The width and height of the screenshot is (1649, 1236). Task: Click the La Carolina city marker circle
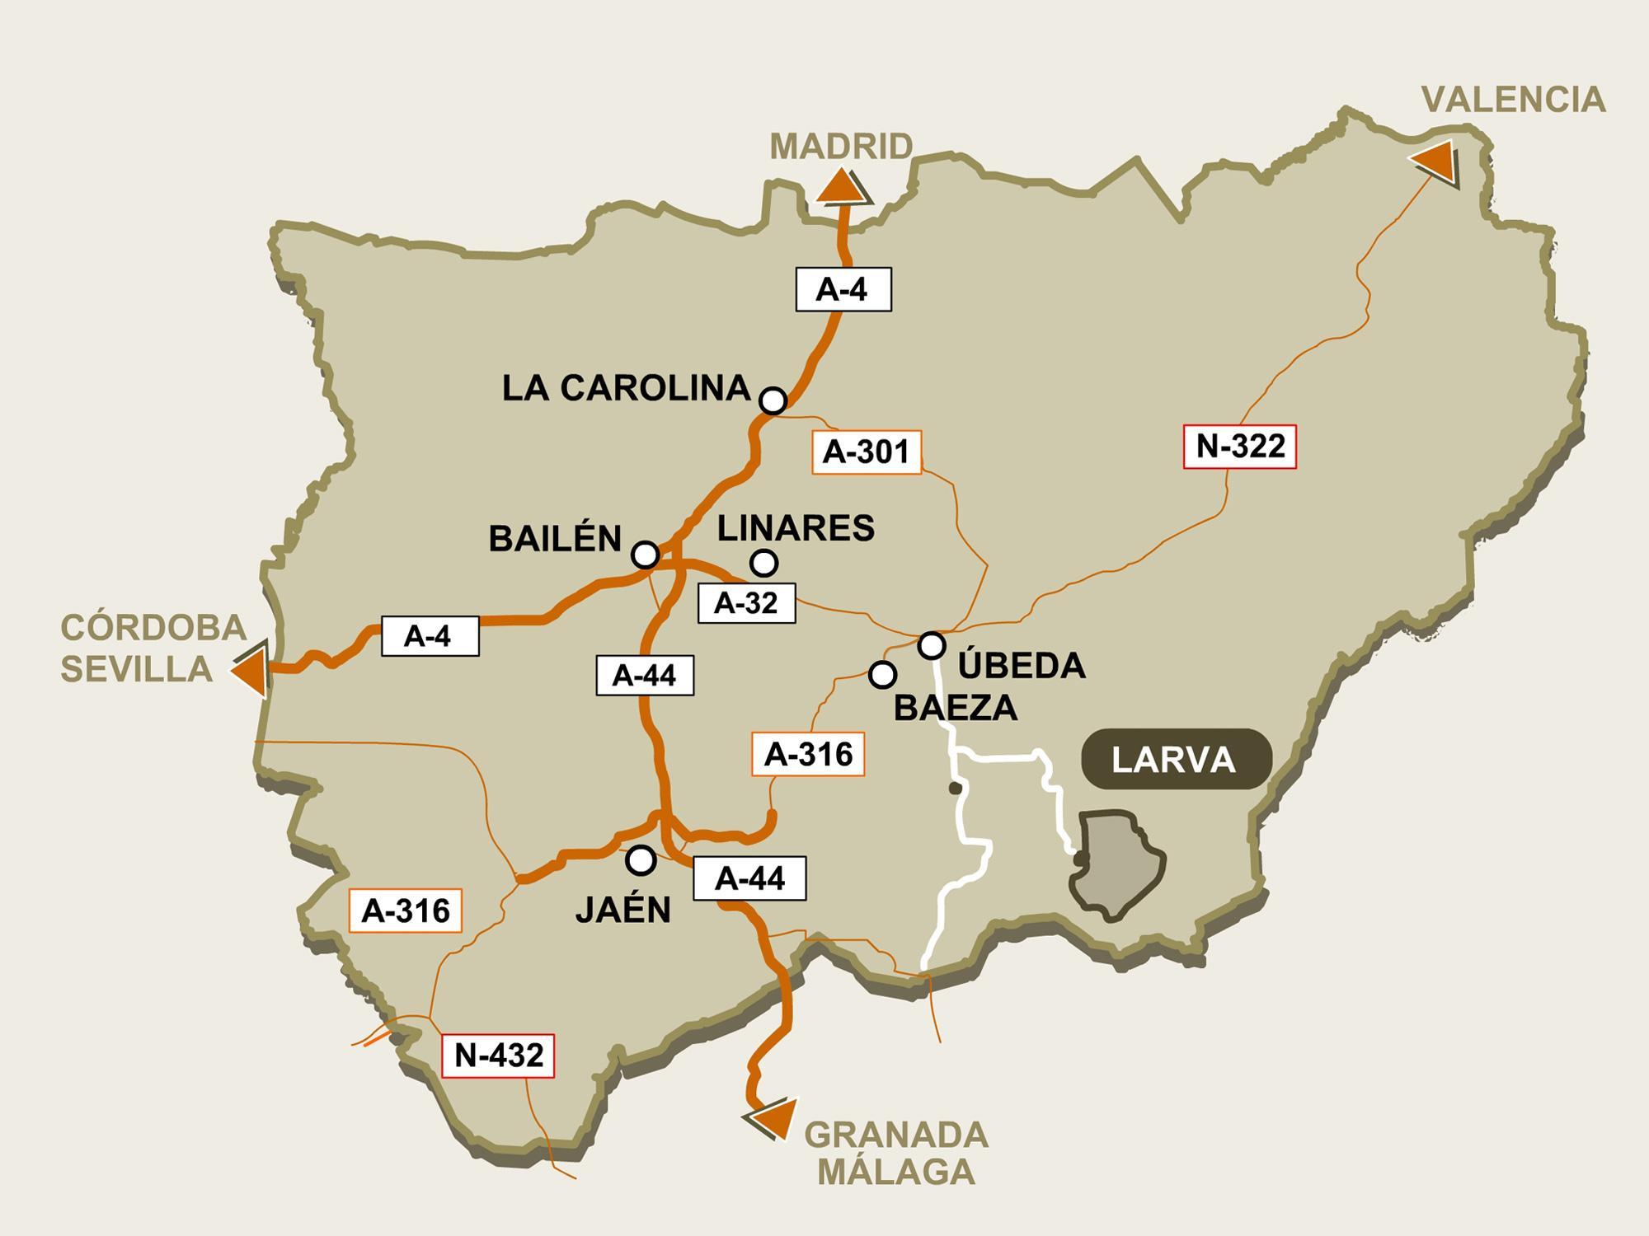click(x=773, y=400)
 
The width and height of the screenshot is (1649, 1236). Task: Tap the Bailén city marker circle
click(x=645, y=555)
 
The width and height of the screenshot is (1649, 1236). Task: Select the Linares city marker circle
click(x=764, y=563)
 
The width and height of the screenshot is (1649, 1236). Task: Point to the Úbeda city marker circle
click(x=932, y=644)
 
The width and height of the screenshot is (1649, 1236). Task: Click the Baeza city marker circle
click(x=882, y=675)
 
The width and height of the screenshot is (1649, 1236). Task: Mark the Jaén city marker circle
click(x=641, y=860)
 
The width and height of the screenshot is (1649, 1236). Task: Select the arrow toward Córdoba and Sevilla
click(x=250, y=671)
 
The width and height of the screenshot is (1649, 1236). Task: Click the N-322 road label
click(x=1240, y=447)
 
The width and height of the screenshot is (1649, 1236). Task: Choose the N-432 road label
click(x=498, y=1056)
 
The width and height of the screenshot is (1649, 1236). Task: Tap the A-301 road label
click(x=866, y=452)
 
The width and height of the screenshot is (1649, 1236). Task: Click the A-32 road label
click(x=746, y=603)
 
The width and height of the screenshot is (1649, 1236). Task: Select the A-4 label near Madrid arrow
click(x=843, y=289)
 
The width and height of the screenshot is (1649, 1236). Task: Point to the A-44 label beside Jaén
click(x=749, y=879)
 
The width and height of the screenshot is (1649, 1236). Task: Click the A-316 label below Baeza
click(x=808, y=754)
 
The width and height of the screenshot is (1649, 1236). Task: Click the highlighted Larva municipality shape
click(x=1120, y=862)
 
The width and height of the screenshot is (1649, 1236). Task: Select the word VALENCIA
click(x=1514, y=100)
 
